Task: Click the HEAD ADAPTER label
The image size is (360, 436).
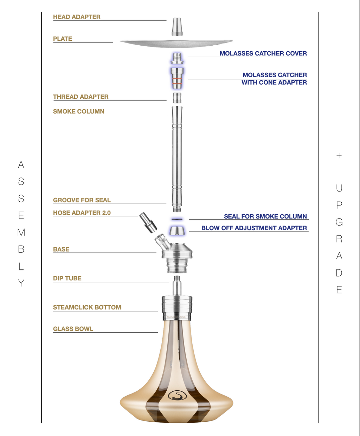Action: coord(77,17)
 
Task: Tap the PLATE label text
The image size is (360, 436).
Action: coord(63,39)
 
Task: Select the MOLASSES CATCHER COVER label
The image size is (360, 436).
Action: coord(263,53)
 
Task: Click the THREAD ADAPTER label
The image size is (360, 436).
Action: coord(81,97)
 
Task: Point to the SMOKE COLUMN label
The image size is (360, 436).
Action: coord(78,111)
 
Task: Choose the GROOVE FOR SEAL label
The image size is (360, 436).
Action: coord(82,200)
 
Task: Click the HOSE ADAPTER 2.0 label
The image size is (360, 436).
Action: coord(82,213)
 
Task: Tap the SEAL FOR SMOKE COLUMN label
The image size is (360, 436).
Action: coord(265,216)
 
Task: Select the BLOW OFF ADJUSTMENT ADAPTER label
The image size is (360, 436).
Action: coord(254,228)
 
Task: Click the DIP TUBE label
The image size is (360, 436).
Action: coord(67,278)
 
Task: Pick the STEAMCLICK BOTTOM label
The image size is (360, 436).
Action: coord(87,307)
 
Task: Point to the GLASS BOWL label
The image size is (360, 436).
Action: coord(73,329)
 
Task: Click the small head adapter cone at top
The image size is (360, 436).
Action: coord(177,27)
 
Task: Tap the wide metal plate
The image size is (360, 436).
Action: coord(176,43)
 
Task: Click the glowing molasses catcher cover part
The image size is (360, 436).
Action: coord(177,58)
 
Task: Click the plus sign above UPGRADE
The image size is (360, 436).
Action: coord(339,155)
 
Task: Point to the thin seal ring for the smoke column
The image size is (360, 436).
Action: coord(177,219)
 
